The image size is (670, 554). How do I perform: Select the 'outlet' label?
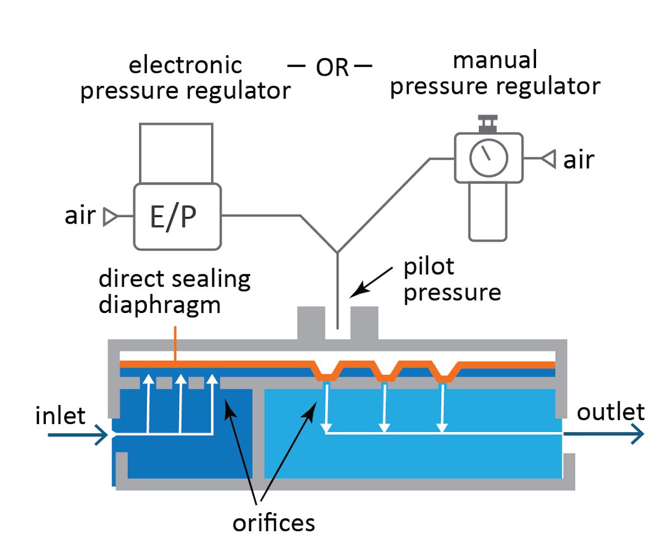coord(610,412)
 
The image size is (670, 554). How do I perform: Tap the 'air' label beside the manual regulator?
coord(578,160)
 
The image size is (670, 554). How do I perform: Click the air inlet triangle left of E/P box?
coord(109,216)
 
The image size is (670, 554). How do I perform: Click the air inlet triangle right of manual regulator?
coord(549,160)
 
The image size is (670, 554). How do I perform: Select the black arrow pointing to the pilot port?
coord(366,282)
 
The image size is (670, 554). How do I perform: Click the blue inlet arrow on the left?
coord(78,434)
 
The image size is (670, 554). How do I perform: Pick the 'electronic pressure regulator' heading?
coord(185,78)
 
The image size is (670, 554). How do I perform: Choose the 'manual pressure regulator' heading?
coord(495,73)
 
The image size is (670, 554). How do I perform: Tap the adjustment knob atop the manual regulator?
coord(488,121)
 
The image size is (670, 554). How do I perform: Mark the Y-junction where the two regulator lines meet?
coord(337,252)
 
